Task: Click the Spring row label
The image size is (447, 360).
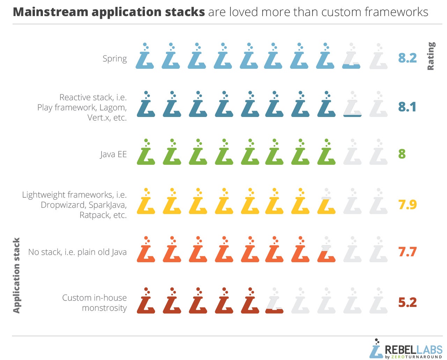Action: click(115, 59)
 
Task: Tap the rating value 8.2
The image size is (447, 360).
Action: click(407, 58)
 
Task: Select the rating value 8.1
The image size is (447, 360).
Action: click(407, 107)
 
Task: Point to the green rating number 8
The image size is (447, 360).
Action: click(402, 154)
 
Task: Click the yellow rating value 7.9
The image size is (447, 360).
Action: click(407, 205)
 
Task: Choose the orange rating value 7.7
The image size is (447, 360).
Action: click(407, 252)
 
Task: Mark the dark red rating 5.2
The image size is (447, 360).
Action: click(407, 302)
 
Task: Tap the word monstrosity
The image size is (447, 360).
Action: click(104, 308)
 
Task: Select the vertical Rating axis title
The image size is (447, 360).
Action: click(431, 56)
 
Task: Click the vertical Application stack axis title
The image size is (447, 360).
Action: click(16, 275)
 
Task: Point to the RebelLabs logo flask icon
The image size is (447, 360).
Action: click(376, 350)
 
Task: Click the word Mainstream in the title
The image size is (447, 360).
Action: click(51, 12)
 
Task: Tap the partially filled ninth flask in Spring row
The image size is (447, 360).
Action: click(351, 56)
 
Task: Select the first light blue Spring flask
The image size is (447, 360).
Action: click(145, 56)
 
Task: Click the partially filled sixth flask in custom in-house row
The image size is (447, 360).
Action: click(274, 300)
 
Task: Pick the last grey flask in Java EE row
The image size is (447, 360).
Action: click(379, 152)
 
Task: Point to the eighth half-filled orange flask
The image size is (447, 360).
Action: click(326, 249)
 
